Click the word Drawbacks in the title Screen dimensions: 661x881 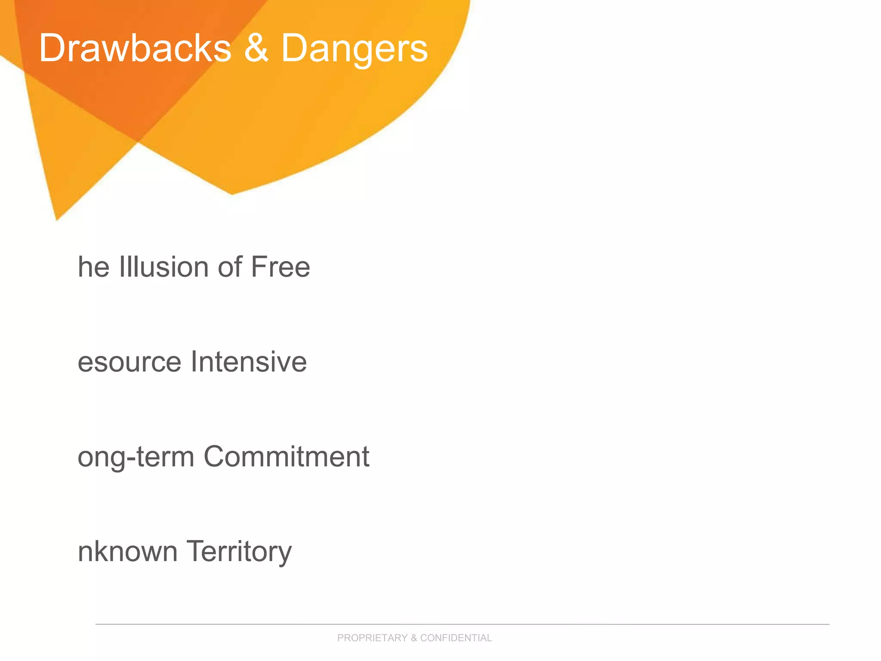click(x=135, y=48)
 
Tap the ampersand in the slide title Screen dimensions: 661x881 click(x=256, y=48)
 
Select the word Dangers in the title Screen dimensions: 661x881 click(x=354, y=49)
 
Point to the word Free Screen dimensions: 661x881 click(x=280, y=267)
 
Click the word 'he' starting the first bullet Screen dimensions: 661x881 click(x=93, y=267)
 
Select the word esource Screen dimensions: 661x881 click(x=129, y=362)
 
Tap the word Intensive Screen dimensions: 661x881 click(x=249, y=361)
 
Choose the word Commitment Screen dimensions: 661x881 click(x=286, y=456)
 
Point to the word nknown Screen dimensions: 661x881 click(x=127, y=551)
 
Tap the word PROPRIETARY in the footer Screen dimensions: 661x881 click(x=372, y=638)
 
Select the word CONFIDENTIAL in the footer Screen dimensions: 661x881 click(x=456, y=638)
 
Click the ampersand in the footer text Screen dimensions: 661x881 click(x=413, y=638)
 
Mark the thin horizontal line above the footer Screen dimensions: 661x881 click(x=462, y=624)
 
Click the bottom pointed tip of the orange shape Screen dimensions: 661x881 click(x=57, y=219)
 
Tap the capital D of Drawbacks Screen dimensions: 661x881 click(x=52, y=48)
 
